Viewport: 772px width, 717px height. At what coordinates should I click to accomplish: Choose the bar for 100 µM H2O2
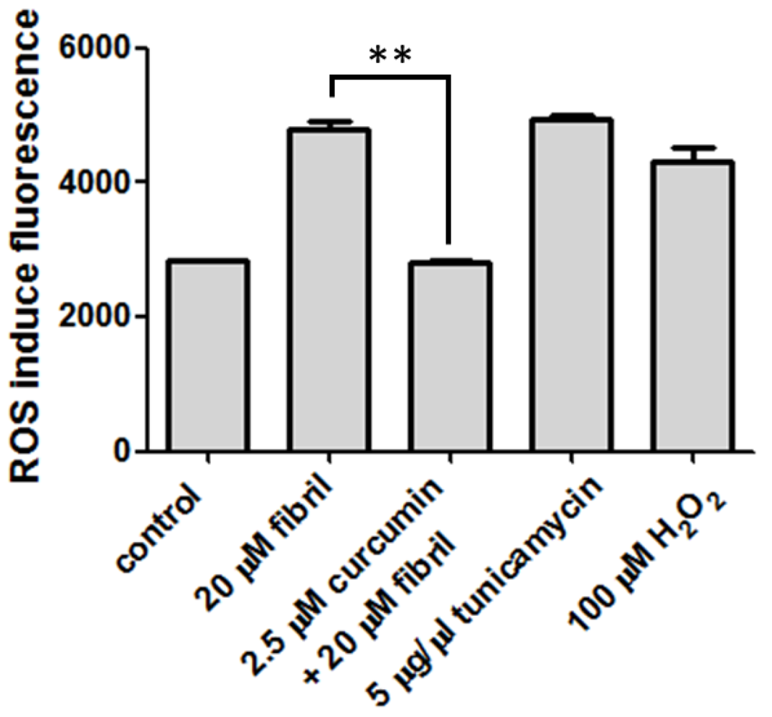point(692,307)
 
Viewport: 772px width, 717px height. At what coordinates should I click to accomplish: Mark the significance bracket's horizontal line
point(390,74)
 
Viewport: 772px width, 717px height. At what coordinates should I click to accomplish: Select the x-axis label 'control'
point(159,528)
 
